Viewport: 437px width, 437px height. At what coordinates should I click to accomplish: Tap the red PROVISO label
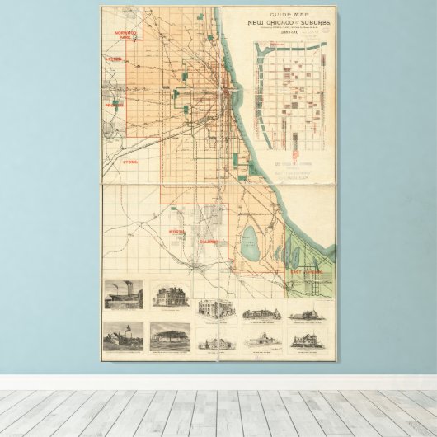coord(113,105)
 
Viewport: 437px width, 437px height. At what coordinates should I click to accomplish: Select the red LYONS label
coord(129,162)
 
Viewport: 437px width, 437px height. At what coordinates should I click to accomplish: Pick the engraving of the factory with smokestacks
coord(123,294)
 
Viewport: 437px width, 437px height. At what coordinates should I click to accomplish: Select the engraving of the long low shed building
coord(170,336)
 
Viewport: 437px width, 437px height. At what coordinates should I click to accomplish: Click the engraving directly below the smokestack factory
coord(123,336)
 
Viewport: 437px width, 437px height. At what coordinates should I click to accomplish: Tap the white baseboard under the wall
coord(218,383)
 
